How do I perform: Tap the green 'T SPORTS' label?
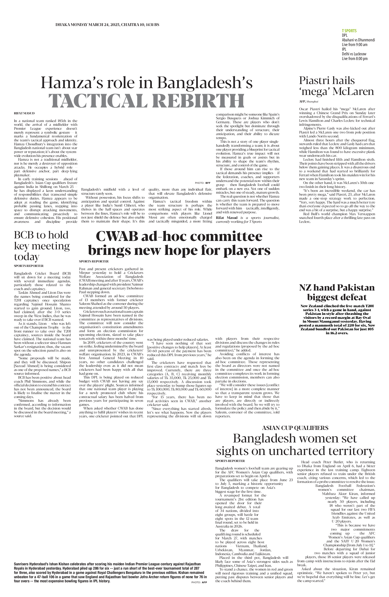point(349,31)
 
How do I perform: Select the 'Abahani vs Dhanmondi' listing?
point(358,40)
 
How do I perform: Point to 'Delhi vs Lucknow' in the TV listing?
point(354,54)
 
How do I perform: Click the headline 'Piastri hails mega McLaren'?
point(336,86)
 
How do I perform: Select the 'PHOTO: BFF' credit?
point(203,183)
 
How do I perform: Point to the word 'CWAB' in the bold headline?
point(117,237)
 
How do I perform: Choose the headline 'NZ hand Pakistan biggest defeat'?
point(337,292)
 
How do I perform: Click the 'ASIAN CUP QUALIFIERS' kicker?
point(295,428)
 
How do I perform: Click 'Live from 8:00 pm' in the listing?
point(354,59)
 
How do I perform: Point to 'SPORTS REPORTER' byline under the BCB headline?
point(29,266)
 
